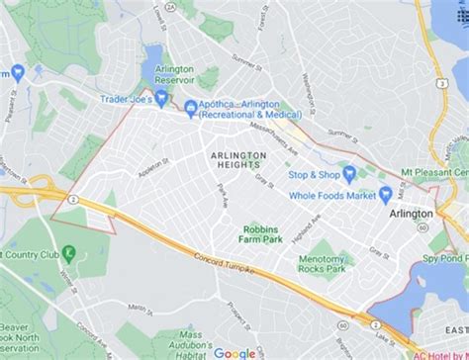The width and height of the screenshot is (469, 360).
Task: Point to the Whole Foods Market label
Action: [x=332, y=195]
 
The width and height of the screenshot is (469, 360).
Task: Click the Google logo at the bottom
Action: [x=234, y=352]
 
